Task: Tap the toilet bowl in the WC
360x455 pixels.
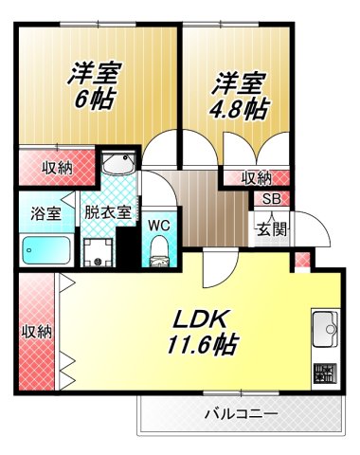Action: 160,250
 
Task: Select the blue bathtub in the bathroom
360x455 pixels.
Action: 45,250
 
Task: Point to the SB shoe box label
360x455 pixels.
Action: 271,199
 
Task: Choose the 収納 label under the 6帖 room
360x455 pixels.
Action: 56,169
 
